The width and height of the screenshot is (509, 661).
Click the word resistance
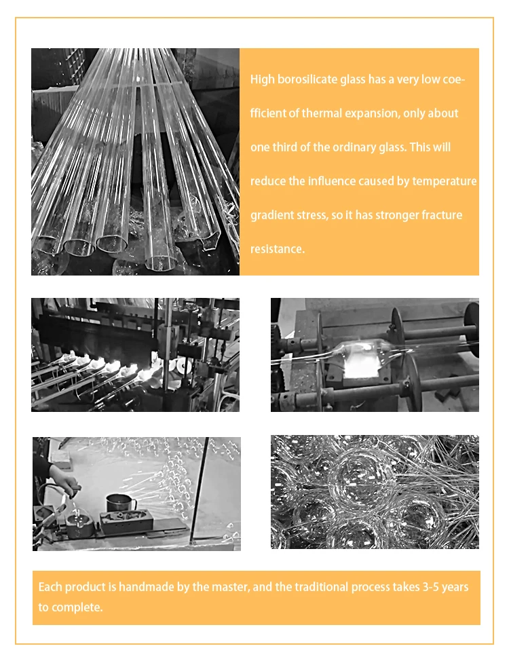click(x=278, y=249)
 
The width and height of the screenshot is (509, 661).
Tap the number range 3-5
click(x=431, y=587)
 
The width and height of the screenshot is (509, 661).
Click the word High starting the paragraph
click(x=262, y=79)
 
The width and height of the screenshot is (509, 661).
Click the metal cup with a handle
click(x=121, y=502)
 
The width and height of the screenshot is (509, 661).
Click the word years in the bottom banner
click(x=455, y=588)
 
